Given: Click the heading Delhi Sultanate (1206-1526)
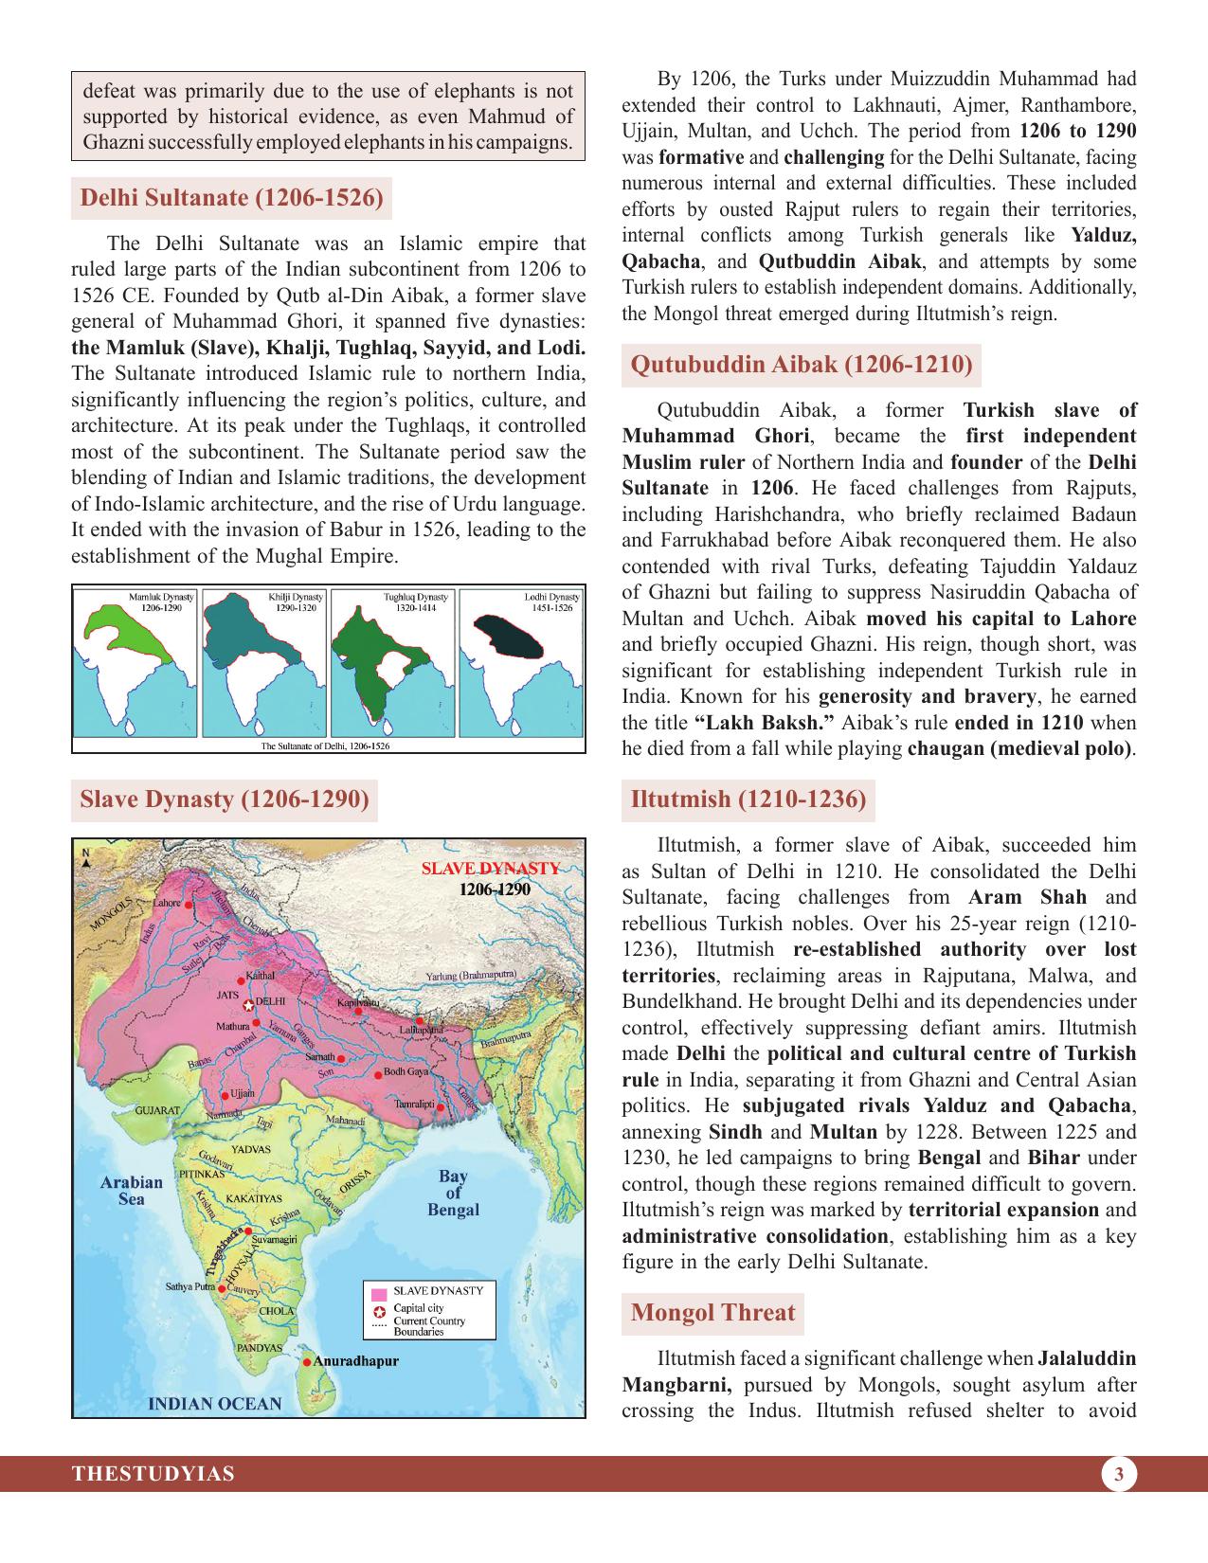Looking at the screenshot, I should point(232,198).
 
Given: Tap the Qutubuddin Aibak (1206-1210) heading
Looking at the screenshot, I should point(801,365).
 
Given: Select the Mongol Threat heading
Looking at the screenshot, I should point(712,1312).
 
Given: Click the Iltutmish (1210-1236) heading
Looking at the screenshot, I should point(748,799).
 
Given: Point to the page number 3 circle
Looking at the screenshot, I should point(1119,1474).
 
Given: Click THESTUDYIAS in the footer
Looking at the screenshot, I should point(153,1474).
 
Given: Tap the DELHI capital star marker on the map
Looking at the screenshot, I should point(248,1005).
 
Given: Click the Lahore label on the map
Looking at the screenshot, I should point(166,904).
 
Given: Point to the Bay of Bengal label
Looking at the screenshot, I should point(453,1193).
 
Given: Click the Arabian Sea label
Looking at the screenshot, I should point(131,1190).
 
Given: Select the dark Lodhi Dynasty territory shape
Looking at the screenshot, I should point(509,636).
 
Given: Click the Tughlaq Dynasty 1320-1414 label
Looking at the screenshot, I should point(415,602).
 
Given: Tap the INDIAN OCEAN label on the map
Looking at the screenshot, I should point(216,1403).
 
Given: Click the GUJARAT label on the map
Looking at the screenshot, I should point(157,1109).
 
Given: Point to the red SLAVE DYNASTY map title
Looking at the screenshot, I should point(490,869).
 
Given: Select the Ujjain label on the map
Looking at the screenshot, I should point(243,1094).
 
